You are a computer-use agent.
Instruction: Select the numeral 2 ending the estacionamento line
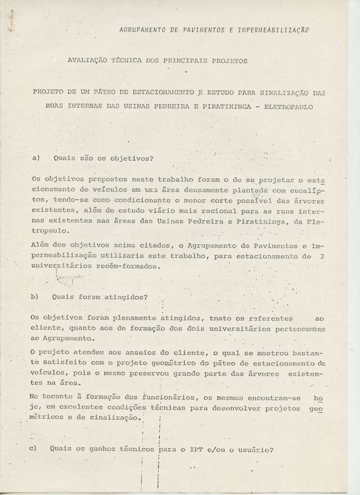tap(322, 257)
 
